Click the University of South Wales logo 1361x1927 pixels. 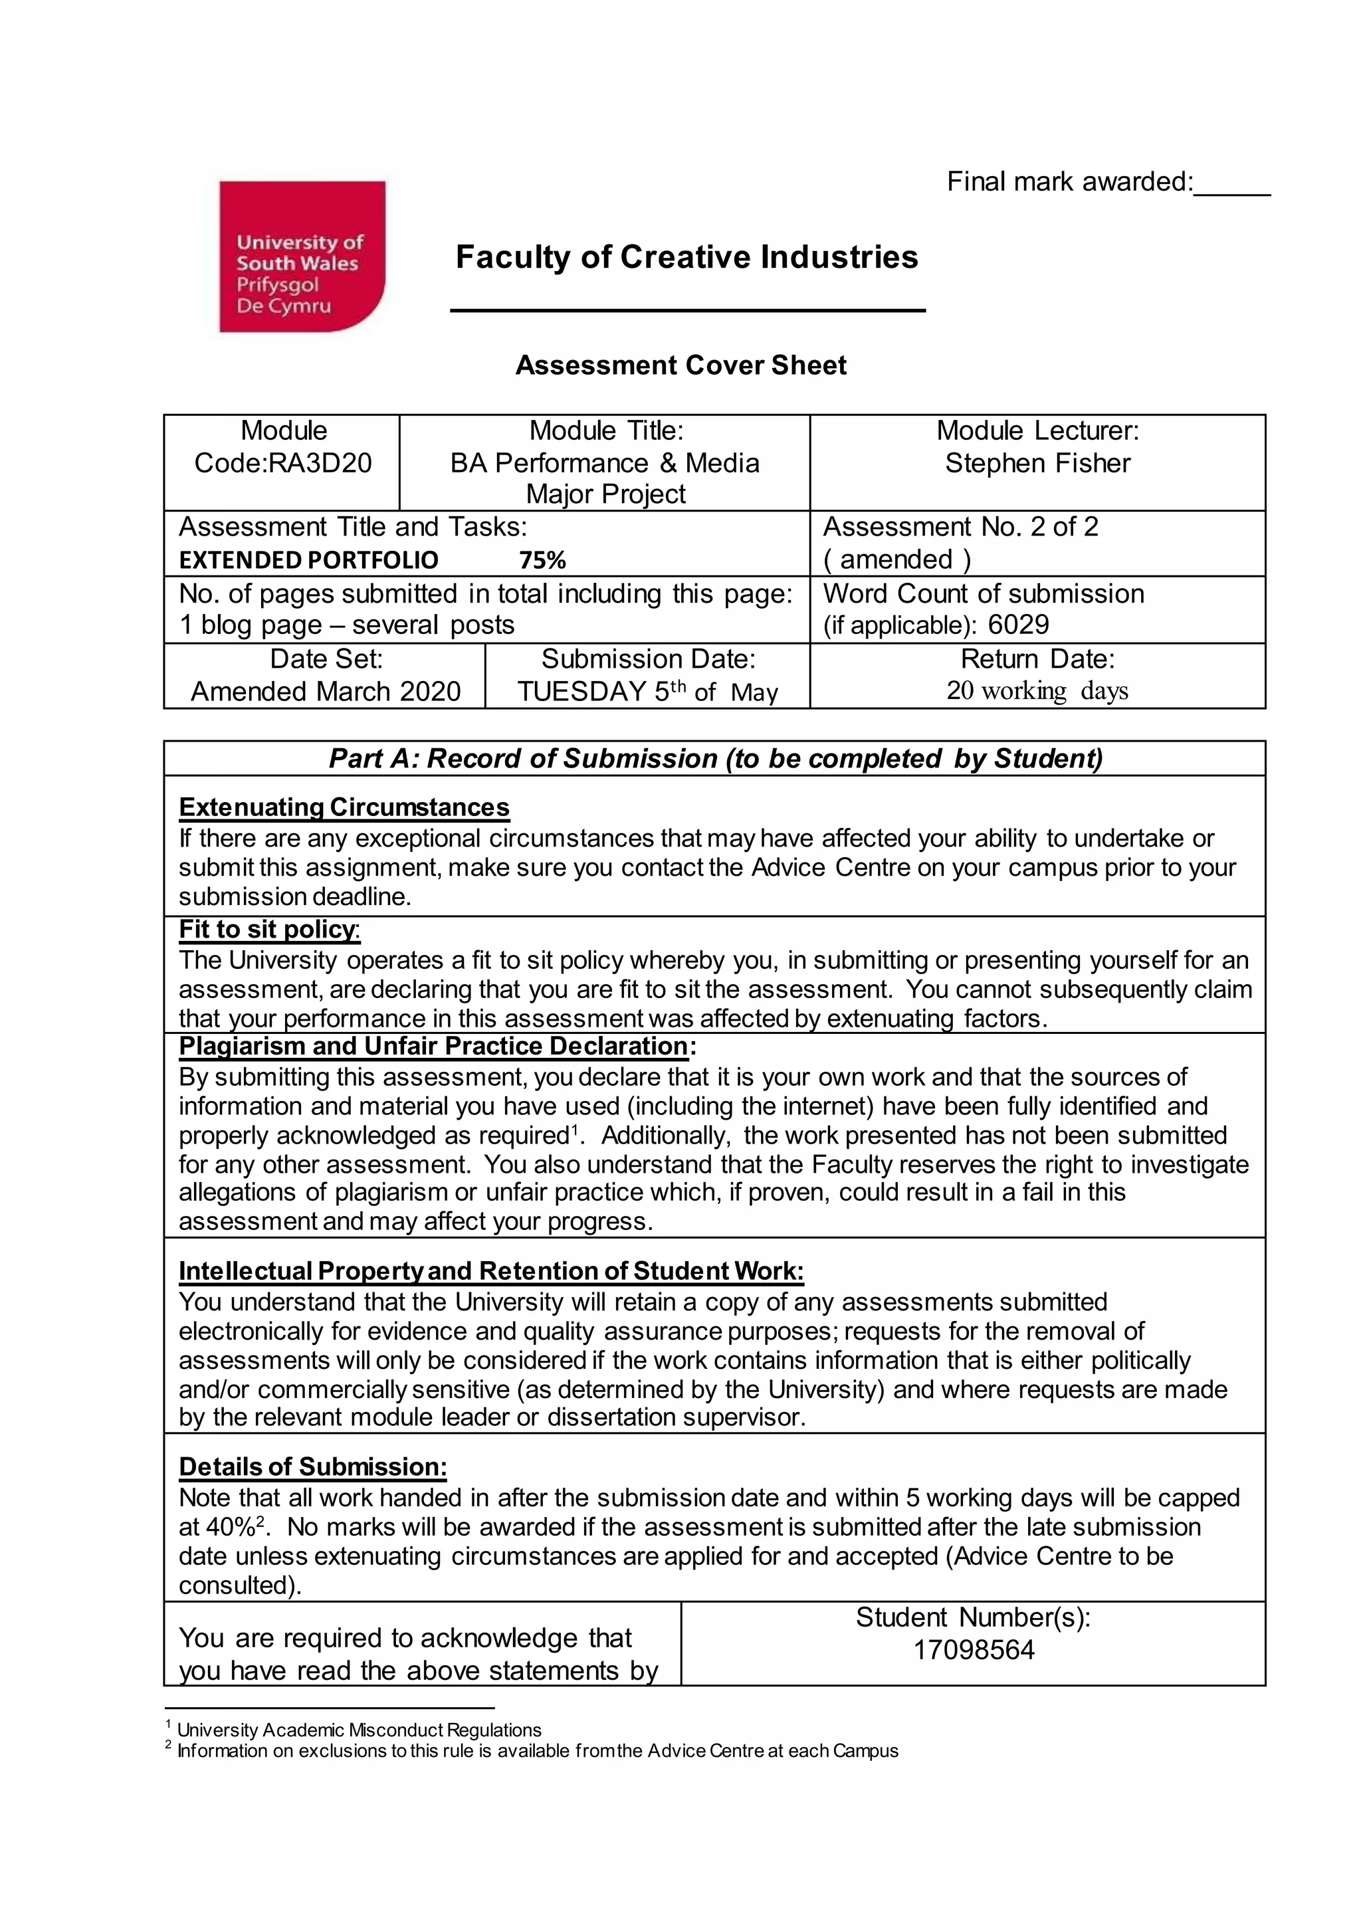click(x=302, y=256)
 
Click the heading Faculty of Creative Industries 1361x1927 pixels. click(x=686, y=256)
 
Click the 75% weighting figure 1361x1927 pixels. click(x=542, y=559)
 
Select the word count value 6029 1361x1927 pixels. click(x=1019, y=625)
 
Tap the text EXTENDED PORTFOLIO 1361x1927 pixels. click(x=308, y=559)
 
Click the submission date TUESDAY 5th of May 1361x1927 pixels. click(x=647, y=692)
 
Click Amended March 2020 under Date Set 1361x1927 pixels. click(x=326, y=692)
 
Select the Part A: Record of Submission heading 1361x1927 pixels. click(x=714, y=759)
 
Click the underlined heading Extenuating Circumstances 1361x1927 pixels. click(x=344, y=807)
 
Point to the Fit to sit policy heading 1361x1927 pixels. click(x=268, y=929)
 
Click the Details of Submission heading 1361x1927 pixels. click(x=312, y=1467)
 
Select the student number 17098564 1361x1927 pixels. click(x=973, y=1650)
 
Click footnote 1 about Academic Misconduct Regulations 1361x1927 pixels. click(x=358, y=1730)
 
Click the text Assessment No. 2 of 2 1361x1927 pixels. click(x=960, y=527)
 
